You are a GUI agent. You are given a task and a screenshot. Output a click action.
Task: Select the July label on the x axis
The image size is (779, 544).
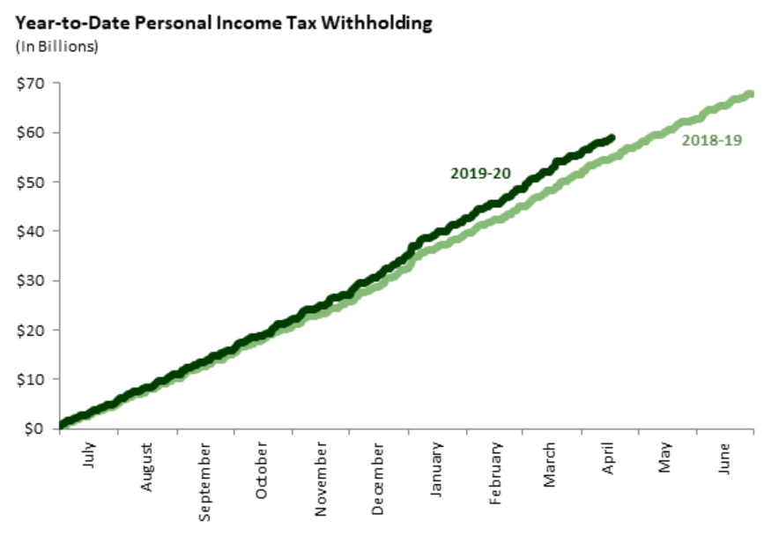89,456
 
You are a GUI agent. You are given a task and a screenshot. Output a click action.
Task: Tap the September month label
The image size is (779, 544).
204,481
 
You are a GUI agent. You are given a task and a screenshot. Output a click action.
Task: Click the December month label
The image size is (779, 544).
378,479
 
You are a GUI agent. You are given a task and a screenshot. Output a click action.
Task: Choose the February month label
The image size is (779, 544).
495,473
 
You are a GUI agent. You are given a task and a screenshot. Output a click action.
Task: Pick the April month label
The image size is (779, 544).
609,458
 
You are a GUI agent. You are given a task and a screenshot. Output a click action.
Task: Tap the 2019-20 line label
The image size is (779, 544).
480,173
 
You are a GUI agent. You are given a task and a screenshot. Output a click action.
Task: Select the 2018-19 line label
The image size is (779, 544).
712,139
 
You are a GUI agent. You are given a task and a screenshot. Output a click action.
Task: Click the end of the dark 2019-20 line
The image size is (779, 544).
611,138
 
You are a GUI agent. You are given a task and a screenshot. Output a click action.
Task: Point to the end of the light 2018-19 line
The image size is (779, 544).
750,94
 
